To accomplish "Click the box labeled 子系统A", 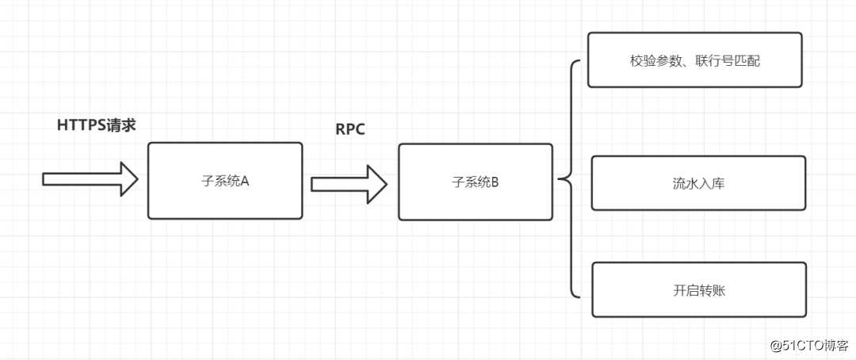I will click(225, 181).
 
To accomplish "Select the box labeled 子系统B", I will click(475, 182).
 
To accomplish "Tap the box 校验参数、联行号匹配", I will click(694, 59).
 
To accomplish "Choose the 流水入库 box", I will click(698, 183).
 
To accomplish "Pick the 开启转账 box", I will click(698, 290).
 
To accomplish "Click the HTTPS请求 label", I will click(97, 124).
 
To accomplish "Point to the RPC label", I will click(350, 129).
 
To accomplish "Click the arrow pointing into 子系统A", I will click(90, 178).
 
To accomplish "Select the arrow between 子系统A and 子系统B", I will click(348, 184).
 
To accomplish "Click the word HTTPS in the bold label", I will click(83, 124).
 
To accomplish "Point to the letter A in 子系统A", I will click(245, 181).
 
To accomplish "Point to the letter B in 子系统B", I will click(495, 182).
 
